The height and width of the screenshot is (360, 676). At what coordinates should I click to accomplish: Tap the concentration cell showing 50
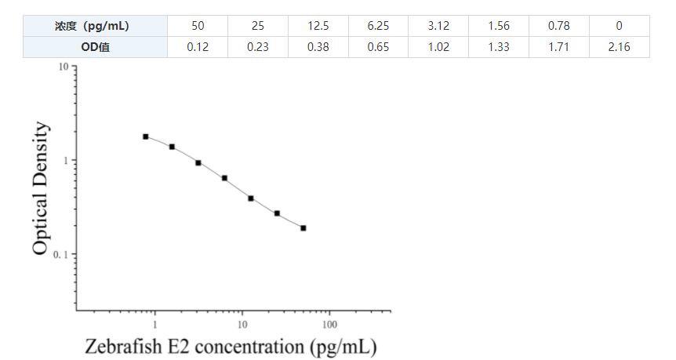(198, 26)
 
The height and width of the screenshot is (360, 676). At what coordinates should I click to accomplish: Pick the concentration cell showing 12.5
(318, 26)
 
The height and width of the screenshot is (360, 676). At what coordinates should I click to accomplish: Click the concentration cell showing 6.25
(378, 26)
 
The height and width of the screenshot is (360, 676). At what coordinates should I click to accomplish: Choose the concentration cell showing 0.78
(558, 26)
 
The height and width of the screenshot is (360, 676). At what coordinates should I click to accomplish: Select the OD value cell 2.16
(619, 47)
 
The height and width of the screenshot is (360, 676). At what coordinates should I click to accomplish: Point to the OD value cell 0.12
(198, 47)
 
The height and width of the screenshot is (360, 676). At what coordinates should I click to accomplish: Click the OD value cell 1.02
(438, 47)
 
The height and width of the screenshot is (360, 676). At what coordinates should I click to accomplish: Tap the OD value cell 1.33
(499, 47)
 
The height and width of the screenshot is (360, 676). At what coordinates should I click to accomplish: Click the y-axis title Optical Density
(42, 188)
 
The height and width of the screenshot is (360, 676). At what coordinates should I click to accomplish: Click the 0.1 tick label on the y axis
(59, 255)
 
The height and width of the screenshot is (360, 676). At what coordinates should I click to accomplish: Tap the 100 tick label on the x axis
(329, 324)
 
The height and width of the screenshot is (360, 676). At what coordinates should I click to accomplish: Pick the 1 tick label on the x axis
(155, 324)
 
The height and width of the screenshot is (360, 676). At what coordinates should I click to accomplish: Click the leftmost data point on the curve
(146, 136)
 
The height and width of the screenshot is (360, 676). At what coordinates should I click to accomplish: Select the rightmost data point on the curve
(303, 228)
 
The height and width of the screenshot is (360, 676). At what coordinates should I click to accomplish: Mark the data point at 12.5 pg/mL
(251, 198)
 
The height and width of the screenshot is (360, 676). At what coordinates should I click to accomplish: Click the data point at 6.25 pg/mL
(224, 178)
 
